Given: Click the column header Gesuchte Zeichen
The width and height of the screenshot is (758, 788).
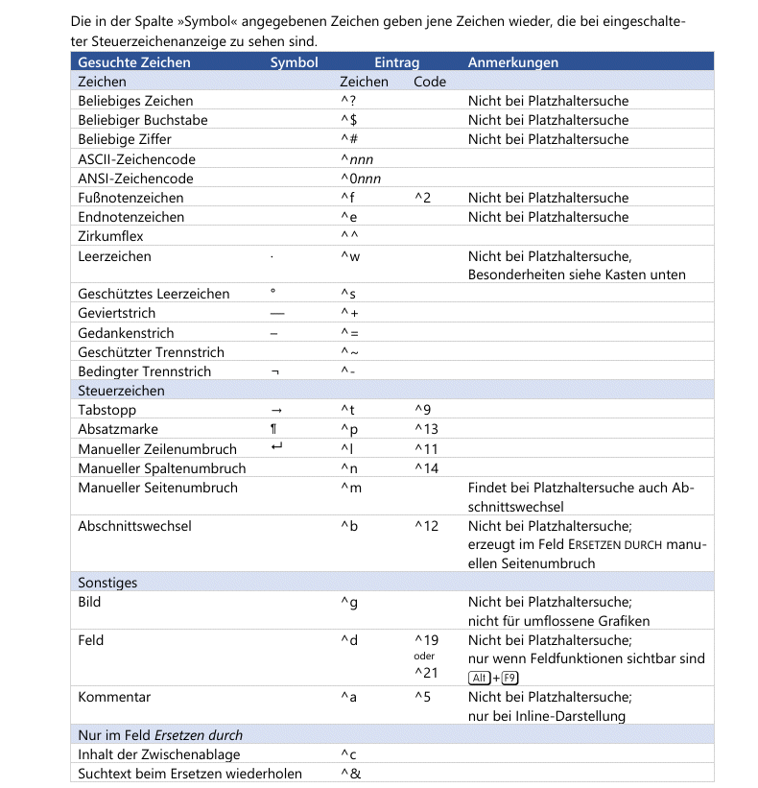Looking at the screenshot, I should (134, 62).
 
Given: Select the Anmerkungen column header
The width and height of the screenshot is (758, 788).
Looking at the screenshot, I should (513, 62).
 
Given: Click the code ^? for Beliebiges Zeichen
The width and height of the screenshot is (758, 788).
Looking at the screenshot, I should (348, 101).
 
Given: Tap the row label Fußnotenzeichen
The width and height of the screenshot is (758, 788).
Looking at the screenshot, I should (130, 198).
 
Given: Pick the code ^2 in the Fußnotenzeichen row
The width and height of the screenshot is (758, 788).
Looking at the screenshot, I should (422, 198).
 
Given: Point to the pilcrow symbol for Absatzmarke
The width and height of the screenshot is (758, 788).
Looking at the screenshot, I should (274, 429).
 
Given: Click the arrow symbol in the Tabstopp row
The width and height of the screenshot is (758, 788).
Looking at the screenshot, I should (276, 410).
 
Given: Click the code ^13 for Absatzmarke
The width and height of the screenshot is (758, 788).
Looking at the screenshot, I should (426, 429).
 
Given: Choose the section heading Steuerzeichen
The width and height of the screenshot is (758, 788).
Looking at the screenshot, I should (121, 391).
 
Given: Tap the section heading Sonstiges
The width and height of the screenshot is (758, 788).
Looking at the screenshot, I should (107, 583).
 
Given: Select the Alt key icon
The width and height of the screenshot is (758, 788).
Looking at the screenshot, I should (480, 679).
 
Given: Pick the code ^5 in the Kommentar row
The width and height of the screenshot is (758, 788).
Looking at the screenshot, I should (422, 697).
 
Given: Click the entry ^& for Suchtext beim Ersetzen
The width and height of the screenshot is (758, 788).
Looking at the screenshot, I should (350, 774).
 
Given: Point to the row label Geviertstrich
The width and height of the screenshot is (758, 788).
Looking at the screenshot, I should (116, 313).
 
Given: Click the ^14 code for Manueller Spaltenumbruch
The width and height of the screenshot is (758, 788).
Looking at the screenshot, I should (426, 468).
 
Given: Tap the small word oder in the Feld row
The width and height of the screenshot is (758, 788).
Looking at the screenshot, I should (424, 657).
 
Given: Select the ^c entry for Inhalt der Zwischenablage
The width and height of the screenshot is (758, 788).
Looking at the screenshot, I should (348, 754).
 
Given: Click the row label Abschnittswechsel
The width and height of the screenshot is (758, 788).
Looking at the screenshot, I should (134, 526).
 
